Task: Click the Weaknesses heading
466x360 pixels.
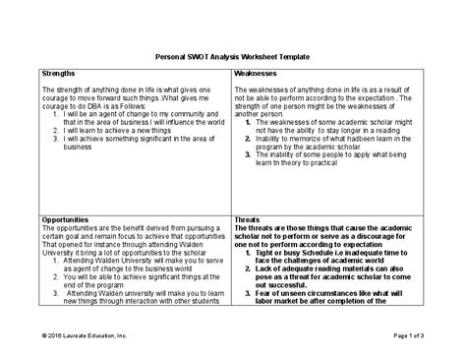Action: [x=258, y=73]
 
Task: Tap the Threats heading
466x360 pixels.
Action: [x=249, y=219]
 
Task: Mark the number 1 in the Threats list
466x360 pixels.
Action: [x=249, y=254]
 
